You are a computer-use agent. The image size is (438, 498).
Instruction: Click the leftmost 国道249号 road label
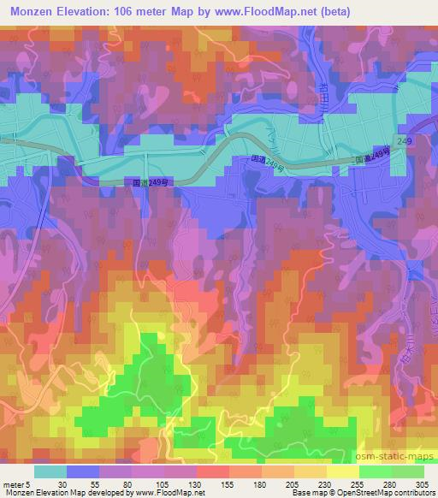coord(146,181)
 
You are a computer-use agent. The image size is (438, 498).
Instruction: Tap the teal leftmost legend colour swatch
coord(50,471)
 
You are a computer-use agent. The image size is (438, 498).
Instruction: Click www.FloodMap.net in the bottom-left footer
coord(166,493)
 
